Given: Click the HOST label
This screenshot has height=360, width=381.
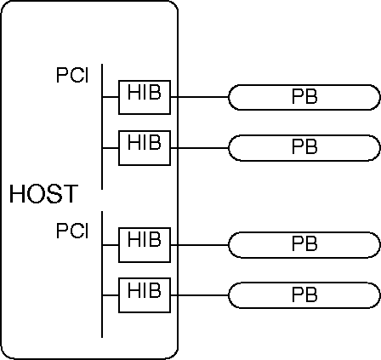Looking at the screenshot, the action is pos(44,194).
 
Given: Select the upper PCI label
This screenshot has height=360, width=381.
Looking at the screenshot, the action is pos(72,75).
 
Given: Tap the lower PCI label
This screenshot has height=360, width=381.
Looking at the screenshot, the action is pos(72,231).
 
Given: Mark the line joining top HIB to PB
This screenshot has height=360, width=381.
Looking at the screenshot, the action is pos(200,97).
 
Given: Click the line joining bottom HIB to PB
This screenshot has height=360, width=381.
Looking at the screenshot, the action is pos(200,295).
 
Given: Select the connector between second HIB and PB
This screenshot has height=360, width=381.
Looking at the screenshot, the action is pos(200,148).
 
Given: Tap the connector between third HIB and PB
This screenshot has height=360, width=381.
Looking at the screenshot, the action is pos(200,245).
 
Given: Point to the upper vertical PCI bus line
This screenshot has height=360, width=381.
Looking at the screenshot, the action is pos(102,127).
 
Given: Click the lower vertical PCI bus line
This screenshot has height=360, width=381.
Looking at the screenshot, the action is pos(102,274).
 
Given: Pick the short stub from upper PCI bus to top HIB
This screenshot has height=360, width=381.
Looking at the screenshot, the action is pos(111,97).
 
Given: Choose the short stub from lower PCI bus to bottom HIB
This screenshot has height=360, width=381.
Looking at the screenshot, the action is pos(111,295).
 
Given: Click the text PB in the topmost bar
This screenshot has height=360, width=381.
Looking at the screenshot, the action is pos(304,97).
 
